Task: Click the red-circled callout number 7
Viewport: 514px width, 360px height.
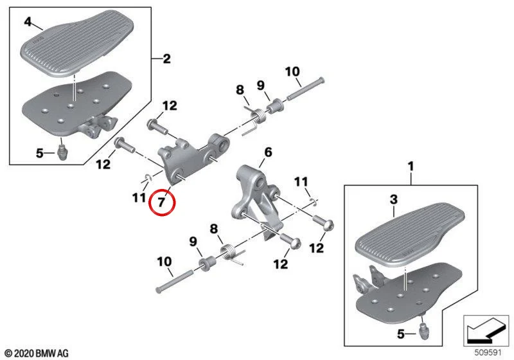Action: pyautogui.click(x=161, y=203)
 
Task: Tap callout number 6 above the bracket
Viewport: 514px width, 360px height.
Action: pyautogui.click(x=268, y=152)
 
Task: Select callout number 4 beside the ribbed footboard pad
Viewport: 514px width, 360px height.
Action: pyautogui.click(x=28, y=22)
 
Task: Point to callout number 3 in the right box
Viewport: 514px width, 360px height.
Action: pyautogui.click(x=394, y=199)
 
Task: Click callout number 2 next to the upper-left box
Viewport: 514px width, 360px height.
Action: pyautogui.click(x=167, y=59)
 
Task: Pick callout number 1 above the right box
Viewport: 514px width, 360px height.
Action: pyautogui.click(x=411, y=166)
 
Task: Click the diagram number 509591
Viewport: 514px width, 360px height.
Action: pyautogui.click(x=488, y=353)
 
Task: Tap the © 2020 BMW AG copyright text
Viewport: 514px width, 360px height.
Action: pyautogui.click(x=37, y=354)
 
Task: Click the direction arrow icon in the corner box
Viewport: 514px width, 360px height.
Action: pyautogui.click(x=486, y=330)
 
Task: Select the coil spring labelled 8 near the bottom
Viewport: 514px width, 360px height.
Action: pyautogui.click(x=232, y=253)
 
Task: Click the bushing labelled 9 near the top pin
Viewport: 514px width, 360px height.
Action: pyautogui.click(x=276, y=105)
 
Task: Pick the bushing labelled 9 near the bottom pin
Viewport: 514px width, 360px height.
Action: pyautogui.click(x=208, y=264)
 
